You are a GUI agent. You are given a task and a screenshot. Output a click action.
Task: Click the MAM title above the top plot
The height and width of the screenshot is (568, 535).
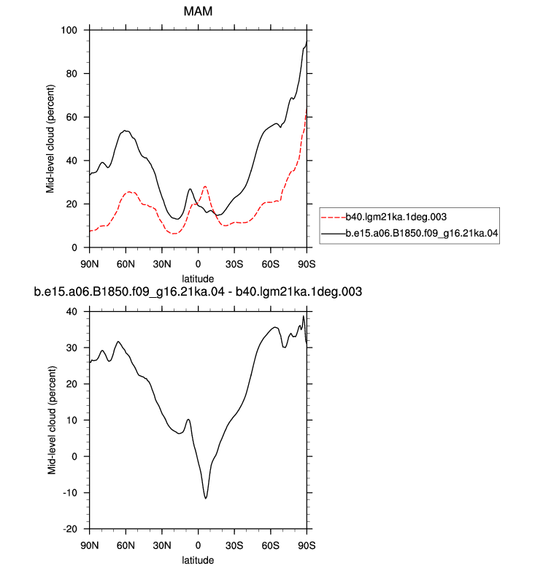[198, 11]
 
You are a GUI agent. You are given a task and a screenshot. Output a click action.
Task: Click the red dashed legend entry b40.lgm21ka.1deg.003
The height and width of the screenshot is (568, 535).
[384, 217]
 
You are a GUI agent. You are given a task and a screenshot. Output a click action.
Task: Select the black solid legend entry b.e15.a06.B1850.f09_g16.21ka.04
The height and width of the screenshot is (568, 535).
[409, 233]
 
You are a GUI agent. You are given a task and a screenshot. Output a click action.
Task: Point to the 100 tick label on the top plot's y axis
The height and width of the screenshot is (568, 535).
[69, 30]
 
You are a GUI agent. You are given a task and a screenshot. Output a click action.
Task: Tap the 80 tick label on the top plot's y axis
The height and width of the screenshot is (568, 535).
[72, 74]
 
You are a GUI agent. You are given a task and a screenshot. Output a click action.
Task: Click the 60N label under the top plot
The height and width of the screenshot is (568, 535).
[126, 264]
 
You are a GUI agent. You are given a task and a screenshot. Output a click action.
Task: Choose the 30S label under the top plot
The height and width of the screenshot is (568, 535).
[234, 264]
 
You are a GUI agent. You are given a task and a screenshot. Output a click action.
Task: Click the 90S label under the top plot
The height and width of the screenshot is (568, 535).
[307, 264]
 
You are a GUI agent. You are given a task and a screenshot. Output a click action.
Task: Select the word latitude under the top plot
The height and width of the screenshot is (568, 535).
[198, 279]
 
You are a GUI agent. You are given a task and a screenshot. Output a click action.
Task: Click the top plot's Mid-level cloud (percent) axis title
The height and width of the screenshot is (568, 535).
[50, 139]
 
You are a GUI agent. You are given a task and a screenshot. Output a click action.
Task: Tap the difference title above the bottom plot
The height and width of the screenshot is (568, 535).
[198, 291]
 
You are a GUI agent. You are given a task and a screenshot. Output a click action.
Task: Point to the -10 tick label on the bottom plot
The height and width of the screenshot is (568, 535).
[70, 493]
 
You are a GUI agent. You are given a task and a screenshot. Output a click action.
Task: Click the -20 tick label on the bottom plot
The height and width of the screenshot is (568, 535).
[70, 529]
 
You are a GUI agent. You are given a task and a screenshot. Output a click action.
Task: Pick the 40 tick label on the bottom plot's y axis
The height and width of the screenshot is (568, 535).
[72, 312]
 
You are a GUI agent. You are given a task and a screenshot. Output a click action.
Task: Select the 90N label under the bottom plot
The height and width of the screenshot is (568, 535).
[90, 545]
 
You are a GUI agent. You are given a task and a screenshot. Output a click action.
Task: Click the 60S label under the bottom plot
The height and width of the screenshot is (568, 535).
[271, 545]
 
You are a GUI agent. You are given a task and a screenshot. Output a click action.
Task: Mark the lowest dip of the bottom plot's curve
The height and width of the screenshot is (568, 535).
[206, 499]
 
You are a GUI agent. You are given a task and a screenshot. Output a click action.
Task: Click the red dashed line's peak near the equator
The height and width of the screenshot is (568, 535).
[205, 187]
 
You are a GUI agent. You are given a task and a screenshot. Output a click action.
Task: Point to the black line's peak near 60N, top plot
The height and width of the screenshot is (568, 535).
[125, 131]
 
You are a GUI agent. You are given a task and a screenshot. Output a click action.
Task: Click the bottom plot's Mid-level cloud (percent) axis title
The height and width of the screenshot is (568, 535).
[52, 421]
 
